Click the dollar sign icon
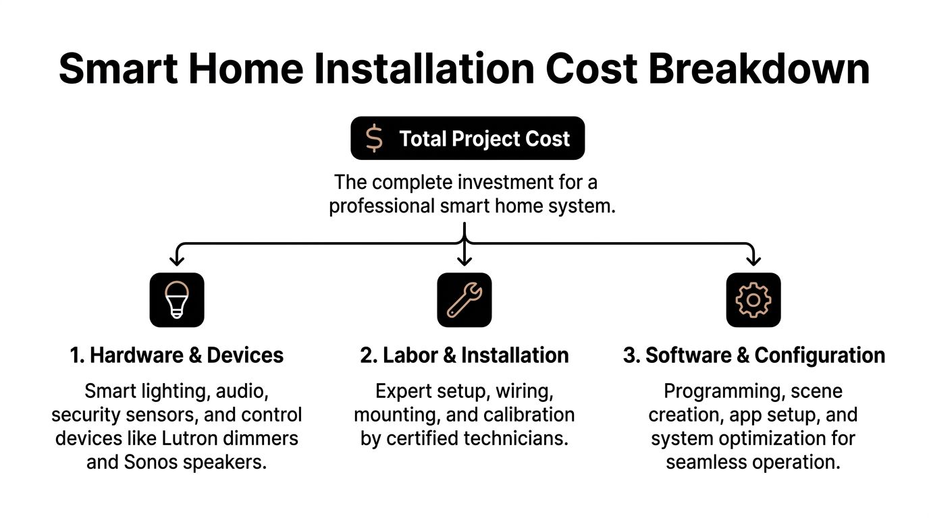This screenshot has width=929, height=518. tap(374, 138)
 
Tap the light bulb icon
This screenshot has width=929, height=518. tap(177, 300)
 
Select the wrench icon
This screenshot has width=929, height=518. tap(464, 300)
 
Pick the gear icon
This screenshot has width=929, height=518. tap(753, 300)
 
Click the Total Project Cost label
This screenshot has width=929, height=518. tap(484, 139)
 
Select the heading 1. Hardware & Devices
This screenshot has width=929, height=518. tap(177, 355)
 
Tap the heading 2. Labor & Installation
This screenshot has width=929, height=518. tap(464, 355)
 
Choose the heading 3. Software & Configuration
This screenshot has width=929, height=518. tap(753, 355)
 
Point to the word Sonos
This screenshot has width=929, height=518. tap(150, 462)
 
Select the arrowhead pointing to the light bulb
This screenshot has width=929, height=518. tap(177, 260)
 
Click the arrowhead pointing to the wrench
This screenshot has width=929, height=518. tap(464, 260)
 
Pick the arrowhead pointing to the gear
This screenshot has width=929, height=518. tap(753, 260)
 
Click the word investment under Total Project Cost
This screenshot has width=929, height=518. tap(500, 182)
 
